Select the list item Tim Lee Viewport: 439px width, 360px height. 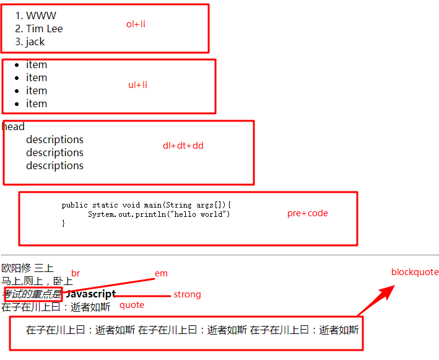[x=44, y=29]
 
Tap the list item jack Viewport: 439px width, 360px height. [x=35, y=42]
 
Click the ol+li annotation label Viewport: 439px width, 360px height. [x=136, y=24]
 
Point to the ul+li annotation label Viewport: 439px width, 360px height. [x=137, y=85]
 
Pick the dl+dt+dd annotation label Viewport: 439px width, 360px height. [x=183, y=146]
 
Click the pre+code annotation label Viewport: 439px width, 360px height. [x=307, y=213]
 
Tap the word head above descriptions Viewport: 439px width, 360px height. [x=14, y=127]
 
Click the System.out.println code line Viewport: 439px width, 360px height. [x=159, y=214]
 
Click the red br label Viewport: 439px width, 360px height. [x=76, y=273]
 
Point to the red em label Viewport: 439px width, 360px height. [x=161, y=273]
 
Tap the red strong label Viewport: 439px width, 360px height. [x=187, y=294]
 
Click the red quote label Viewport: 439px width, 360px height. [x=131, y=305]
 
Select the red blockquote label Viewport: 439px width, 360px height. [x=414, y=272]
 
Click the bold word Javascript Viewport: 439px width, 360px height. [x=90, y=294]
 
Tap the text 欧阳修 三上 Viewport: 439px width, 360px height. [x=27, y=268]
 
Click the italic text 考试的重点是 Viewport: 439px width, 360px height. [x=32, y=294]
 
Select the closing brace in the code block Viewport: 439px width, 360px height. [x=63, y=223]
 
